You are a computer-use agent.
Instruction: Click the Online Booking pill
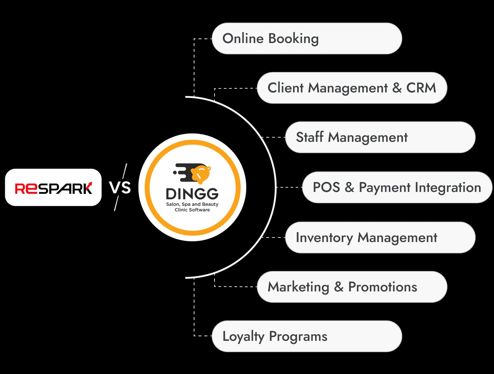pyautogui.click(x=307, y=39)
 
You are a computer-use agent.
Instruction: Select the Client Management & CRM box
pyautogui.click(x=352, y=88)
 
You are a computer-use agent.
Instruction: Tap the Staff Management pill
pyautogui.click(x=380, y=137)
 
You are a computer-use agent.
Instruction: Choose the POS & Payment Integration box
pyautogui.click(x=397, y=187)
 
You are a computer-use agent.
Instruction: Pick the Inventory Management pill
pyautogui.click(x=380, y=237)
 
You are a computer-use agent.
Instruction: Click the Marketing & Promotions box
pyautogui.click(x=352, y=287)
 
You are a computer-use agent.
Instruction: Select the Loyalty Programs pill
pyautogui.click(x=307, y=336)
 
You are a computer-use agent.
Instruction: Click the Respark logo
pyautogui.click(x=53, y=188)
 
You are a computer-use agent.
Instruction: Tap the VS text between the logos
pyautogui.click(x=120, y=188)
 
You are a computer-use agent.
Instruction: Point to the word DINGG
pyautogui.click(x=192, y=194)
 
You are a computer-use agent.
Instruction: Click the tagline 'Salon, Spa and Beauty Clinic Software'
pyautogui.click(x=192, y=207)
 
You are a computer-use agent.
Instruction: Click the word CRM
pyautogui.click(x=421, y=88)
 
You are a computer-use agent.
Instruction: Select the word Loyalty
pyautogui.click(x=243, y=336)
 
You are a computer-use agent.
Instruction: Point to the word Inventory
pyautogui.click(x=324, y=238)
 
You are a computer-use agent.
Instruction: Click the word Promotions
pyautogui.click(x=383, y=287)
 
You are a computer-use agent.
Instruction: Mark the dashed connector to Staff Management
pyautogui.click(x=273, y=137)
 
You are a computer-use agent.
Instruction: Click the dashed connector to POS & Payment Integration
pyautogui.click(x=289, y=187)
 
